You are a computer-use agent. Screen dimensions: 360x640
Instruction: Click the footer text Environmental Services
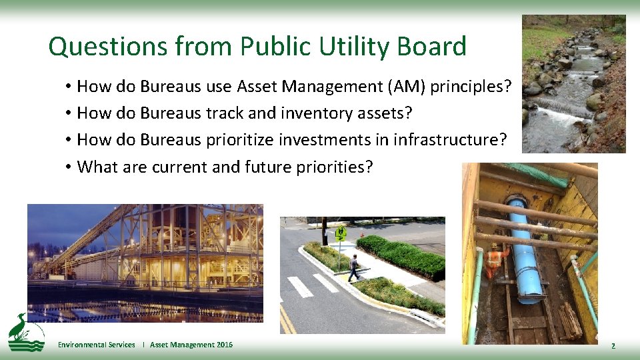click(x=97, y=345)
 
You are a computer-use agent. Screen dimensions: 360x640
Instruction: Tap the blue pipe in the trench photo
click(x=525, y=253)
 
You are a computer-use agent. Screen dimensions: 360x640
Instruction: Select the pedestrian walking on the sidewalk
click(x=353, y=267)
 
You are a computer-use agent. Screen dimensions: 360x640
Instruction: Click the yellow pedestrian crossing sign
click(x=341, y=233)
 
